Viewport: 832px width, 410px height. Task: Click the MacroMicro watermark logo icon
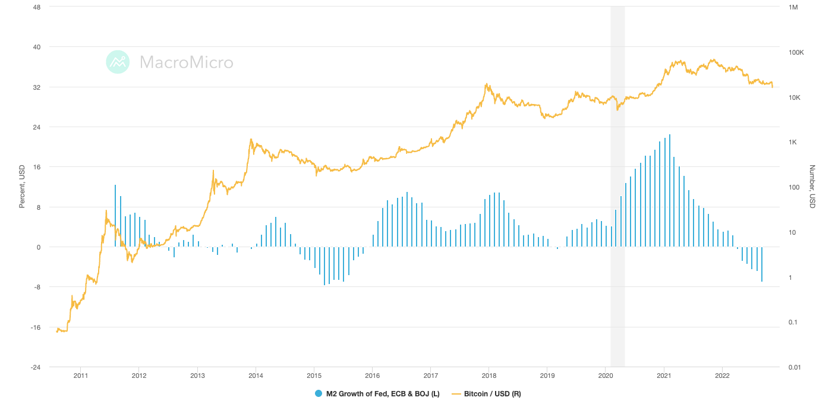tap(118, 62)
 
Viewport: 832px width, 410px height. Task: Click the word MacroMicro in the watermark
tap(186, 62)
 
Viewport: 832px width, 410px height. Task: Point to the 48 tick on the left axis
tap(36, 7)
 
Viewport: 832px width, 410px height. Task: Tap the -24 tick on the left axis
tap(35, 367)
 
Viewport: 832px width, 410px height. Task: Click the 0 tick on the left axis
tap(38, 247)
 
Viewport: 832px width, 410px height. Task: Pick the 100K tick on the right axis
tap(796, 52)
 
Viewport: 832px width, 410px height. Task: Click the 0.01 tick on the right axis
tap(795, 367)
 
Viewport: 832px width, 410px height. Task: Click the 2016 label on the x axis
tap(372, 376)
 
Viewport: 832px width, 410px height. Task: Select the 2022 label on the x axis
tap(722, 376)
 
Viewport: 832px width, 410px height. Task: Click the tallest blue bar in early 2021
tap(669, 190)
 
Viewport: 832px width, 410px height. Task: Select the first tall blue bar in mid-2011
tap(115, 216)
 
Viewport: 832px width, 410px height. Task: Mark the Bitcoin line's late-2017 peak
tap(486, 84)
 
